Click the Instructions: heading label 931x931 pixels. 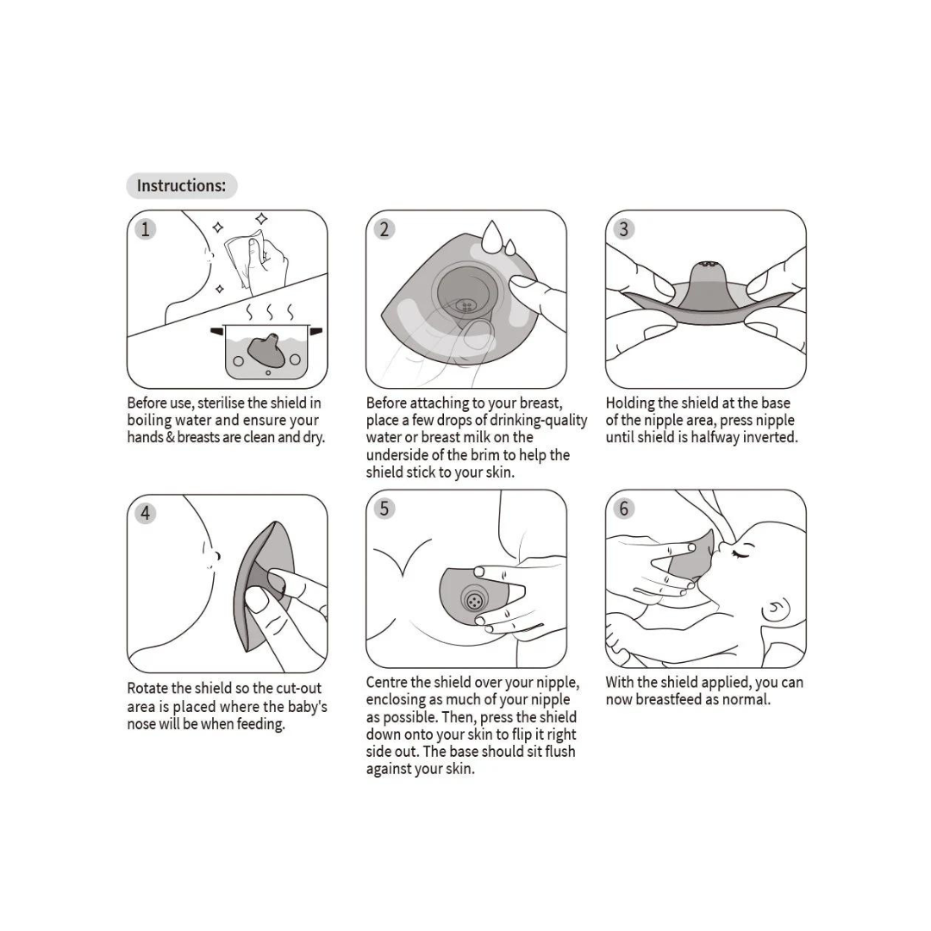[182, 186]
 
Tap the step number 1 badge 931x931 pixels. [146, 229]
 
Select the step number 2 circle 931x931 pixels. [384, 229]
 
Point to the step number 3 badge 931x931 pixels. [623, 229]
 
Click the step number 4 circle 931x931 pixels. [146, 513]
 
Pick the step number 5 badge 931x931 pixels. [384, 509]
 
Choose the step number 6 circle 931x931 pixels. [623, 509]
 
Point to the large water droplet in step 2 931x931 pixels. [491, 236]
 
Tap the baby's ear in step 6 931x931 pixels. [776, 609]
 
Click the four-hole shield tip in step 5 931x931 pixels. [474, 601]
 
